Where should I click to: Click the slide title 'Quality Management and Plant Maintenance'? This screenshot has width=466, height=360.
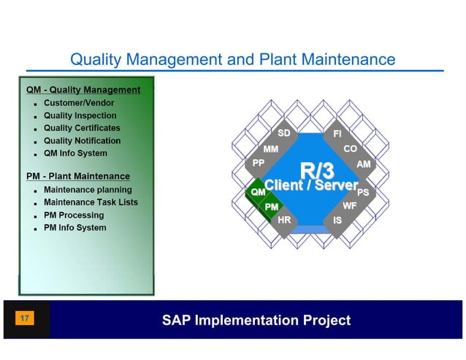click(232, 58)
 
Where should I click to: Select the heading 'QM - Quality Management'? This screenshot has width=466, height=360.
click(83, 90)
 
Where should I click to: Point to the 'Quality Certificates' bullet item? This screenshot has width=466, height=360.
click(82, 128)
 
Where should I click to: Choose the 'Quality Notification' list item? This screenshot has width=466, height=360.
click(82, 140)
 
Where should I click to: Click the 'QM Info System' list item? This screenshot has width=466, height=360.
click(75, 153)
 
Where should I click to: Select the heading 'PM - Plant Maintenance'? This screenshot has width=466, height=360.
click(78, 176)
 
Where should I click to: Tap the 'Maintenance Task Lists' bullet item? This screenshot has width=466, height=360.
click(91, 202)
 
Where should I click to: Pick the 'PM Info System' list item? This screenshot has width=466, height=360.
click(75, 228)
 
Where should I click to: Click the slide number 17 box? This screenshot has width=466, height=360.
click(25, 319)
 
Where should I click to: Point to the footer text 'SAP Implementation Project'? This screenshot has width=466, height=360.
click(256, 320)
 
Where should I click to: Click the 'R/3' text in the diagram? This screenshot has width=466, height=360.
click(317, 171)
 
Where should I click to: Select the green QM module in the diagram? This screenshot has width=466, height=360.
click(258, 191)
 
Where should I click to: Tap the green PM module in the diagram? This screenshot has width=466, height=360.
click(272, 207)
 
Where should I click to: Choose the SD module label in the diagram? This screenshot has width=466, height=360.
click(284, 134)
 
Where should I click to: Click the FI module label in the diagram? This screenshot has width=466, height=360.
click(337, 134)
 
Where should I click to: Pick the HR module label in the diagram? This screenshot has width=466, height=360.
click(285, 220)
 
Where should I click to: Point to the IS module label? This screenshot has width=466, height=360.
click(337, 220)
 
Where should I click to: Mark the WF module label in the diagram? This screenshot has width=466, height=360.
click(350, 206)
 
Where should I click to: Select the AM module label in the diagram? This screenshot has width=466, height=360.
click(363, 164)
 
